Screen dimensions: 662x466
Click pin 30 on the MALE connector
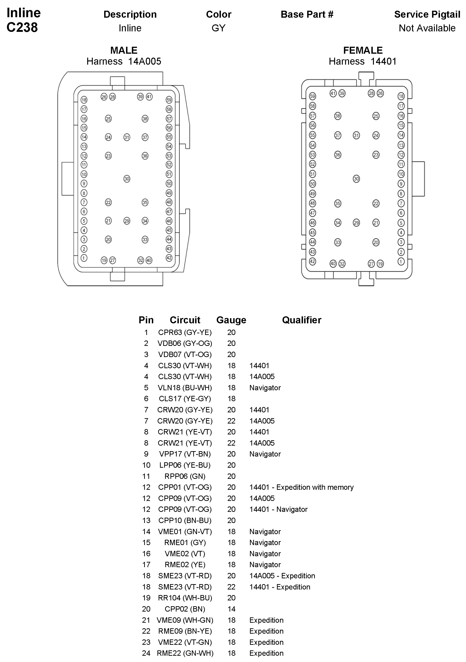click(x=127, y=179)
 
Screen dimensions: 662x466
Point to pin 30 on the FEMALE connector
click(x=356, y=179)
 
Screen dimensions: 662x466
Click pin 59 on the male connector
click(x=169, y=100)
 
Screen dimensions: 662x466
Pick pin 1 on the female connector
click(x=401, y=261)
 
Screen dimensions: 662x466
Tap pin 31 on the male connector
click(x=127, y=137)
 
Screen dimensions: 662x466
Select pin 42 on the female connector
click(x=312, y=261)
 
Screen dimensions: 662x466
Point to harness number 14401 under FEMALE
click(x=383, y=61)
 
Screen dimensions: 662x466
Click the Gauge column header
click(x=231, y=320)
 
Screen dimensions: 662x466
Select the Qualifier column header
click(x=302, y=320)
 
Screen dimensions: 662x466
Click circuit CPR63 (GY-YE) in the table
click(x=185, y=332)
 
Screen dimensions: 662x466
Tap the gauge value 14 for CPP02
click(x=231, y=609)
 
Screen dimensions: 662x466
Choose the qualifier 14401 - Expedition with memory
click(x=301, y=487)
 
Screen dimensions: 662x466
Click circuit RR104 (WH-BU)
click(x=185, y=598)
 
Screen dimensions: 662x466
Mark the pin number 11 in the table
click(x=146, y=476)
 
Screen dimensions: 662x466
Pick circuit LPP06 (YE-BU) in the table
click(x=185, y=465)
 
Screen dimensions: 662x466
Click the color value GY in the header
click(x=218, y=28)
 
